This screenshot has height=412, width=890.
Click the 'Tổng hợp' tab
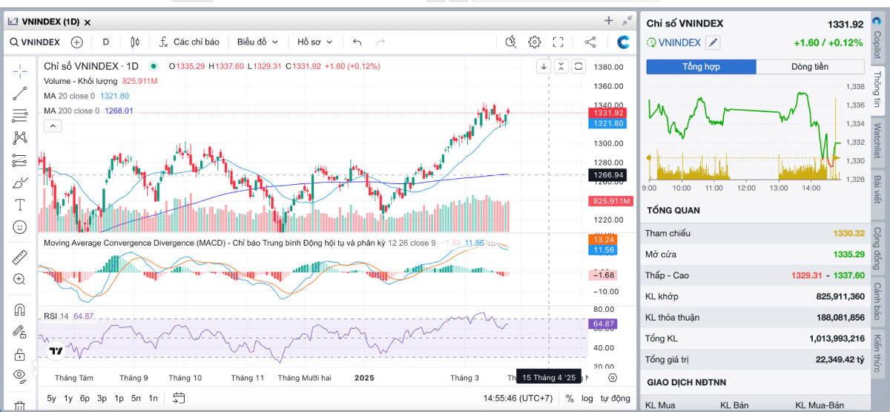pos(701,67)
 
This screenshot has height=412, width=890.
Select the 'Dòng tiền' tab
pos(810,67)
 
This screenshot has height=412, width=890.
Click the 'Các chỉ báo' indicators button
pos(190,42)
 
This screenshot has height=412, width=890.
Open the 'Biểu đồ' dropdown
pos(257,42)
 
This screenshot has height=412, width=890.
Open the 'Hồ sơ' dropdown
pos(315,42)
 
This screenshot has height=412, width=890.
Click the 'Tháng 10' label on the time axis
pos(185,378)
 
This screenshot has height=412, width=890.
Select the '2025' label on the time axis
pos(364,378)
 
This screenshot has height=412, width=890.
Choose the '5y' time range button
pos(51,398)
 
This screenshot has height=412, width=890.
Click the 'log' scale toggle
pos(587,398)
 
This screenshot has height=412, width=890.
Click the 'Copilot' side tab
pos(877,43)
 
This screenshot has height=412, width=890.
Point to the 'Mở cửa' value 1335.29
pos(848,254)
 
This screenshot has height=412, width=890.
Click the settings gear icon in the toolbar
pos(534,42)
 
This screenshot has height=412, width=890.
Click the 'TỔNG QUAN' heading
pos(673,210)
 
